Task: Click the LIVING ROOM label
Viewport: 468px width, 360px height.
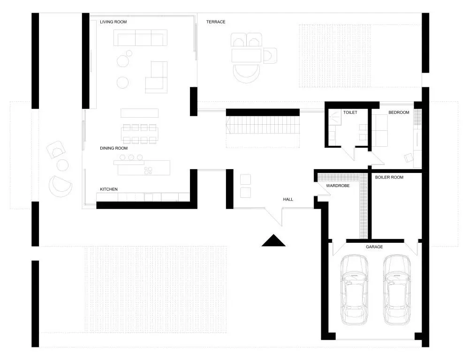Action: pos(113,22)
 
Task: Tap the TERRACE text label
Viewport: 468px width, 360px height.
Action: pos(216,22)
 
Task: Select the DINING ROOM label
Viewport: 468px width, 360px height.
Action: pos(113,148)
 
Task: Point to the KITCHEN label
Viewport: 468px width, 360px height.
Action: pos(108,189)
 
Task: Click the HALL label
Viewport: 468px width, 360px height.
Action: pos(288,199)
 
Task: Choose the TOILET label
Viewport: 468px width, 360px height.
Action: pos(350,112)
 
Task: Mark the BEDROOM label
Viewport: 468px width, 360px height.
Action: pos(399,112)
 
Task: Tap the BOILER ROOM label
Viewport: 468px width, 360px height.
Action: pos(389,177)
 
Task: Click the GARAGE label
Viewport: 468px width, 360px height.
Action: pos(374,247)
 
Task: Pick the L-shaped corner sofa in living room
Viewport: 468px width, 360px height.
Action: pos(158,77)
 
